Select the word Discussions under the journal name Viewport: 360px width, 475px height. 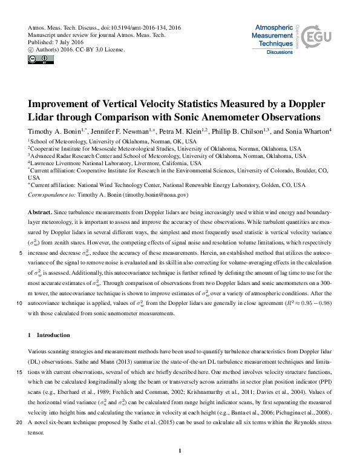coord(280,53)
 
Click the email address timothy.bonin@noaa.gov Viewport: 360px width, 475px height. coord(156,195)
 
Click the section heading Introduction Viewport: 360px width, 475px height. coord(54,335)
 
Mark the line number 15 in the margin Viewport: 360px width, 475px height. coord(21,373)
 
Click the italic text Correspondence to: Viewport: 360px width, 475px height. coord(52,195)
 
